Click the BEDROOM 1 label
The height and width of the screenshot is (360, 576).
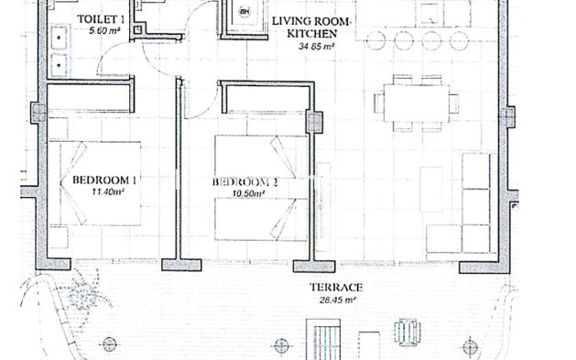[103, 180]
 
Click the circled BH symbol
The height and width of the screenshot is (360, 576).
[244, 12]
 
